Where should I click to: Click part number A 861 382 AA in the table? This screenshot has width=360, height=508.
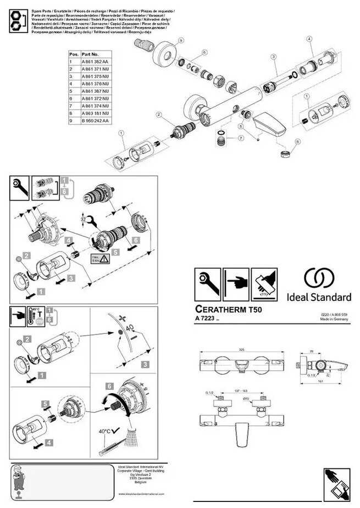[95, 62]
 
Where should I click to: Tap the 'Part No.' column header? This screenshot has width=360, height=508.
[90, 55]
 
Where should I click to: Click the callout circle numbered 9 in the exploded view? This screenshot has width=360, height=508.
[181, 41]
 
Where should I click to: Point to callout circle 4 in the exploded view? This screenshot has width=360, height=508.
[309, 38]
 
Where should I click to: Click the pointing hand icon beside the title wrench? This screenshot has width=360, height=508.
[235, 284]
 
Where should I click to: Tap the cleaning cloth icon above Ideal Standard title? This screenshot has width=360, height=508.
[264, 284]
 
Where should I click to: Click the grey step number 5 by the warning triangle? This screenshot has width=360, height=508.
[114, 253]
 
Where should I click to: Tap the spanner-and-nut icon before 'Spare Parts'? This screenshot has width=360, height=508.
[16, 21]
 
